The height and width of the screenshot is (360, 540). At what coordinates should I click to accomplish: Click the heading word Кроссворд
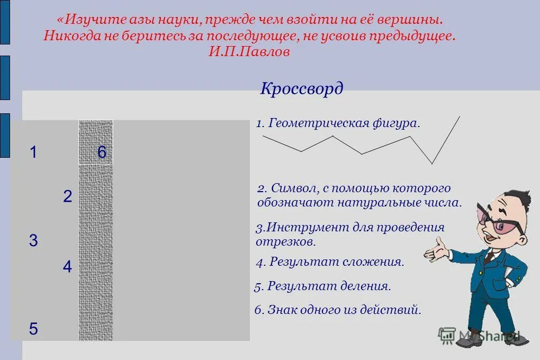pos(301,88)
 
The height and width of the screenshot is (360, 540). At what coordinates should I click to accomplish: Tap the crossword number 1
pos(33,153)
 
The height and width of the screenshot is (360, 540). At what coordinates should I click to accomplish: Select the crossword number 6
pos(102,153)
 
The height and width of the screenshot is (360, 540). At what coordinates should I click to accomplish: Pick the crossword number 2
pos(67,197)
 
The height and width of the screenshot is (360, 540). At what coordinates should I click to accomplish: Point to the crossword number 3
pos(33,241)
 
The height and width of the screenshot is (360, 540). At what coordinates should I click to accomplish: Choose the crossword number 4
pos(67,267)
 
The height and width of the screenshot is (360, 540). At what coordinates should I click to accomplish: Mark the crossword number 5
pos(33,329)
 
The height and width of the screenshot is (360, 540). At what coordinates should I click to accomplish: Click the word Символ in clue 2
pos(291,188)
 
